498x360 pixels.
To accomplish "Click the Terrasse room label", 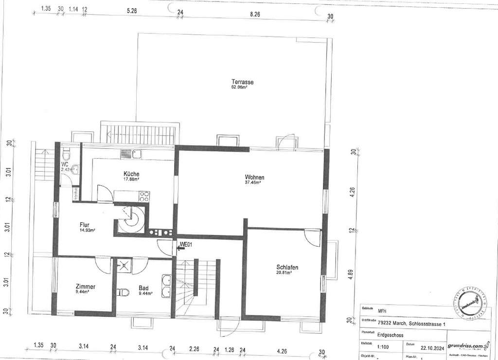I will pyautogui.click(x=242, y=82).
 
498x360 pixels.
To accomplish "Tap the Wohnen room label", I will pyautogui.click(x=254, y=178).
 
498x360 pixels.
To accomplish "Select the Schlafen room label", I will pyautogui.click(x=287, y=268).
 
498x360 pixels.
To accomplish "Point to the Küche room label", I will pyautogui.click(x=131, y=174).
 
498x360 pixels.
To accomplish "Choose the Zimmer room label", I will pyautogui.click(x=85, y=287).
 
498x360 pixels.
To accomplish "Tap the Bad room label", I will pyautogui.click(x=143, y=288).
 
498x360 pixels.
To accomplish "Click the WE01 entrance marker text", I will pyautogui.click(x=187, y=245).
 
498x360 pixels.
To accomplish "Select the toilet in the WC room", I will pyautogui.click(x=67, y=156).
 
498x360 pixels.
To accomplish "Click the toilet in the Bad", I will pyautogui.click(x=123, y=292).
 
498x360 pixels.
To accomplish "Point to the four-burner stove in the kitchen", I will pyautogui.click(x=144, y=196).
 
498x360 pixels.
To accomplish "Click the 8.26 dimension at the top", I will pyautogui.click(x=255, y=15).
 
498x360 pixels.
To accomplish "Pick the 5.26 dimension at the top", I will pyautogui.click(x=131, y=10).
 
